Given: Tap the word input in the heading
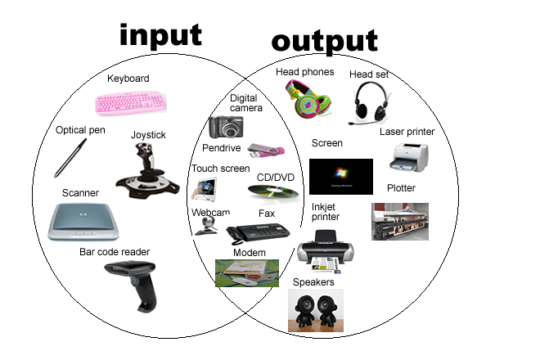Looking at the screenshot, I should (x=160, y=34).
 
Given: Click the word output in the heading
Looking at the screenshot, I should (x=324, y=40).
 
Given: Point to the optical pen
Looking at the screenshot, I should (x=70, y=158).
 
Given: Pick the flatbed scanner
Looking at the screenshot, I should (x=80, y=221).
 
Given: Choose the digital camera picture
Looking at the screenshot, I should (x=225, y=126).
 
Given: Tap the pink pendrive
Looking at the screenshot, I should (x=266, y=151).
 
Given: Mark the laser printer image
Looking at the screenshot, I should (x=408, y=157).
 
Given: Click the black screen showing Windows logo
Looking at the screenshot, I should (x=340, y=176).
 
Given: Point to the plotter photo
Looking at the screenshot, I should (x=400, y=221).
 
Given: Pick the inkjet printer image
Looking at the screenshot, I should (x=324, y=252).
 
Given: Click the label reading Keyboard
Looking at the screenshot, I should (x=128, y=79).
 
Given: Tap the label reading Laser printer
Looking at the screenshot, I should (x=407, y=131).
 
